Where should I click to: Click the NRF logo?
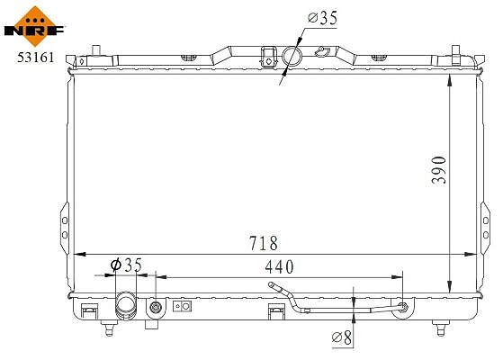35,26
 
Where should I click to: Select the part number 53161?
36,58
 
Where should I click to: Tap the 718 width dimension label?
264,243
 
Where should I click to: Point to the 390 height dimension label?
438,170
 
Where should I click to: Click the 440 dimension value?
279,266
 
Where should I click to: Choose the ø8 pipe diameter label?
342,337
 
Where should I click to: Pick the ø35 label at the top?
322,18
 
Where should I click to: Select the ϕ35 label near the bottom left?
126,265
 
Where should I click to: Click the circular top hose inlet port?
292,56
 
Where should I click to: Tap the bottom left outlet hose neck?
126,305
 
